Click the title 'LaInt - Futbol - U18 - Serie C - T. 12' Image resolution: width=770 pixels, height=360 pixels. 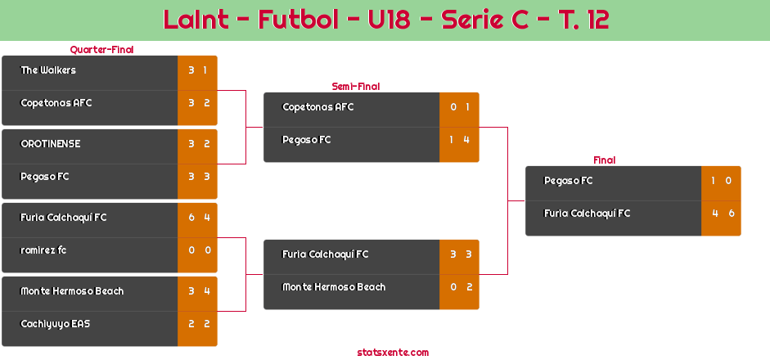[385, 20]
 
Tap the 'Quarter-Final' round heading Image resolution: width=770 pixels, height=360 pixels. [101, 50]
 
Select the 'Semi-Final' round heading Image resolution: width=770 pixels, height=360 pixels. [354, 86]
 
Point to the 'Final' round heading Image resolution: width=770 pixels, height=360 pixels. [603, 160]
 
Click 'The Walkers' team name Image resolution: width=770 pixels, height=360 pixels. [48, 70]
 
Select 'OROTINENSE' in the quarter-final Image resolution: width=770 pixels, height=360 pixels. [51, 144]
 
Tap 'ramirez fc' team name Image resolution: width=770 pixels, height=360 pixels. [43, 250]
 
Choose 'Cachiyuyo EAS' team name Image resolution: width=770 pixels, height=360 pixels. [56, 324]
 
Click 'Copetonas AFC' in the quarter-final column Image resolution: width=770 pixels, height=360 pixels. [56, 103]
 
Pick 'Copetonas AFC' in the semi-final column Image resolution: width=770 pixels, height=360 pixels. [318, 107]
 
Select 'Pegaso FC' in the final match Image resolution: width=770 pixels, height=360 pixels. [569, 181]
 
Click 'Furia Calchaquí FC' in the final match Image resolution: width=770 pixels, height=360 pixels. [588, 214]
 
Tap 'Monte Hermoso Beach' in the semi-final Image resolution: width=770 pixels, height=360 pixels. [334, 287]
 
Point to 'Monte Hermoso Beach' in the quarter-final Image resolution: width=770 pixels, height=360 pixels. [72, 291]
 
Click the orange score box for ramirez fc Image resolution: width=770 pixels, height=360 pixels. [197, 250]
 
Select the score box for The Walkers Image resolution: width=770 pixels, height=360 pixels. [197, 70]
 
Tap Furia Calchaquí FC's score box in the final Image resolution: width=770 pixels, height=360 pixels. [721, 214]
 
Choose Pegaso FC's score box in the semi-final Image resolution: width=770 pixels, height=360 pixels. [459, 140]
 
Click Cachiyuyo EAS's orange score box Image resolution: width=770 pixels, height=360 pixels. [197, 324]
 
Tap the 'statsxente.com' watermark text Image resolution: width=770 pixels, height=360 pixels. [393, 353]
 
